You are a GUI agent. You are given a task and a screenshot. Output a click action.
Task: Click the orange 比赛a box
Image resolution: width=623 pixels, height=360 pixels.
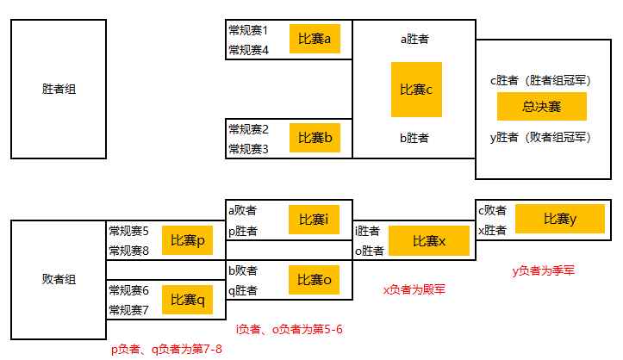tap(315, 39)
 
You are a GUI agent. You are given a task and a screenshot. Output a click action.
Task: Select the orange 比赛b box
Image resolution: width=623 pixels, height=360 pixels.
tap(315, 138)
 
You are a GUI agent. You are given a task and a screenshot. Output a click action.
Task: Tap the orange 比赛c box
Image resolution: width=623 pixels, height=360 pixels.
tap(416, 90)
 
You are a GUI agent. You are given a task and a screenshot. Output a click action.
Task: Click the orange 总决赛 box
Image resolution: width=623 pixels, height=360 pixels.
tap(541, 107)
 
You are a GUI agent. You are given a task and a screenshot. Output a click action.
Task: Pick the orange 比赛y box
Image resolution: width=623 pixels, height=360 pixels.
tap(560, 219)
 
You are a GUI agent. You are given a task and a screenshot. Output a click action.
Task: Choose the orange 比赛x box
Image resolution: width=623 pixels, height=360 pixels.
tap(429, 240)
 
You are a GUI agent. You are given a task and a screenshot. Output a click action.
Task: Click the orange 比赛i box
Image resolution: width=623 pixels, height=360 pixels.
tap(314, 220)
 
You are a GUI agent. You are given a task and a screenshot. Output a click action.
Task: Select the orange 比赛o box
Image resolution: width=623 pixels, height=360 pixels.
tap(314, 280)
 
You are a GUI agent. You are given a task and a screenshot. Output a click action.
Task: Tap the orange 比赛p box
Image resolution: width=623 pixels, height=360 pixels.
tap(187, 240)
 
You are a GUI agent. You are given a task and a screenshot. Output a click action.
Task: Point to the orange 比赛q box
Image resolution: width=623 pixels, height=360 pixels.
tap(187, 300)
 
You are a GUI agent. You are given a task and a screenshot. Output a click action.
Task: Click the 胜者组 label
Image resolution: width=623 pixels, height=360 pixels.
tap(59, 89)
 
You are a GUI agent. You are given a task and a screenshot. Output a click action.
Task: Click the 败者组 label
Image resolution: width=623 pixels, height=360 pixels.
tap(59, 279)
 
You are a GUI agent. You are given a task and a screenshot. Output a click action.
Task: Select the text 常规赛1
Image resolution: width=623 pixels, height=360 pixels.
tap(248, 30)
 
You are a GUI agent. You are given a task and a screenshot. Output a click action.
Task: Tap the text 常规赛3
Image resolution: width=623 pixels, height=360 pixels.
tap(248, 149)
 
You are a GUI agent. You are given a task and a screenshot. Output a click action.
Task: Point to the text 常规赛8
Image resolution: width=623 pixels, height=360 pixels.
tap(128, 251)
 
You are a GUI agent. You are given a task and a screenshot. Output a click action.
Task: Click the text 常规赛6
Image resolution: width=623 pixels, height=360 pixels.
tap(128, 290)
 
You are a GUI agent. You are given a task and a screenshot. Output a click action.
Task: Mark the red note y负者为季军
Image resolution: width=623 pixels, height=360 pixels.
tap(543, 270)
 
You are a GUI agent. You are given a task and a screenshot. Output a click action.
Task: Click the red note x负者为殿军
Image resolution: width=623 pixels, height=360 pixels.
tap(414, 289)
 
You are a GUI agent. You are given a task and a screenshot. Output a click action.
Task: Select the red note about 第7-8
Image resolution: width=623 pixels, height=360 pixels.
tap(166, 350)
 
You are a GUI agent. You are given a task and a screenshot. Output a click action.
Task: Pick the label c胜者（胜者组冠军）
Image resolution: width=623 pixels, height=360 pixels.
tap(541, 81)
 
